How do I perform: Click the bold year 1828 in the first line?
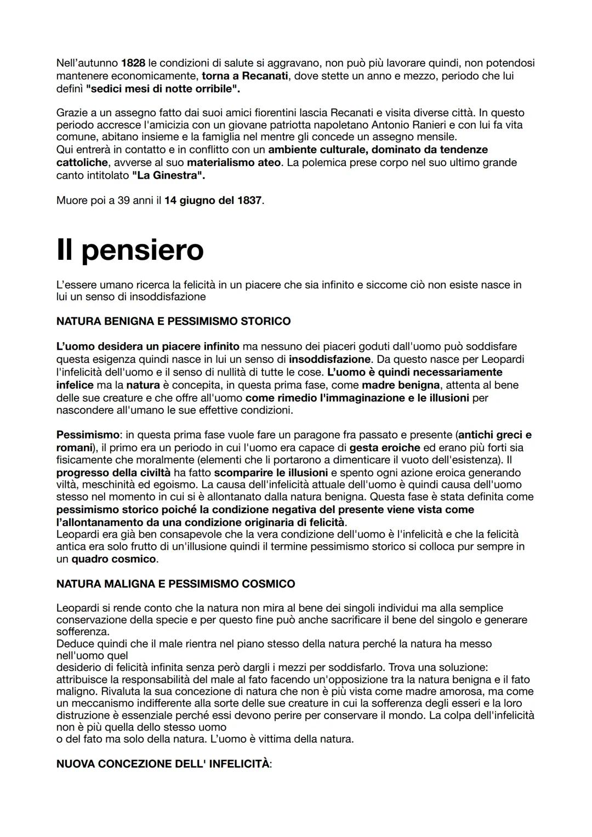[133, 63]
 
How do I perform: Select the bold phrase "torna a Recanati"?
[245, 76]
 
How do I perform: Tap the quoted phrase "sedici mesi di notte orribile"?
[163, 88]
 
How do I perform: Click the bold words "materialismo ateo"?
[234, 162]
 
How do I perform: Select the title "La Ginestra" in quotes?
[169, 175]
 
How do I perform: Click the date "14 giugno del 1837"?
[213, 200]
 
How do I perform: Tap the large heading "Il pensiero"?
[130, 250]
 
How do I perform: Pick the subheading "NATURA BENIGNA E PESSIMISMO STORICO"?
[173, 321]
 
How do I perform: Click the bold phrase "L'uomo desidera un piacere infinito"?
[148, 346]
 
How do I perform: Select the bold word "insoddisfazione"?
[330, 360]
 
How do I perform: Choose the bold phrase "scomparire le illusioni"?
[271, 472]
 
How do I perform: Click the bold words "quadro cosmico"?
[113, 559]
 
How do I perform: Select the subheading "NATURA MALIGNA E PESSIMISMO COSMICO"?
[175, 584]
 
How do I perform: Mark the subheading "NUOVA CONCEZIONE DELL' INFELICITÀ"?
[163, 764]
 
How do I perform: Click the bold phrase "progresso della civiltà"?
[113, 472]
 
